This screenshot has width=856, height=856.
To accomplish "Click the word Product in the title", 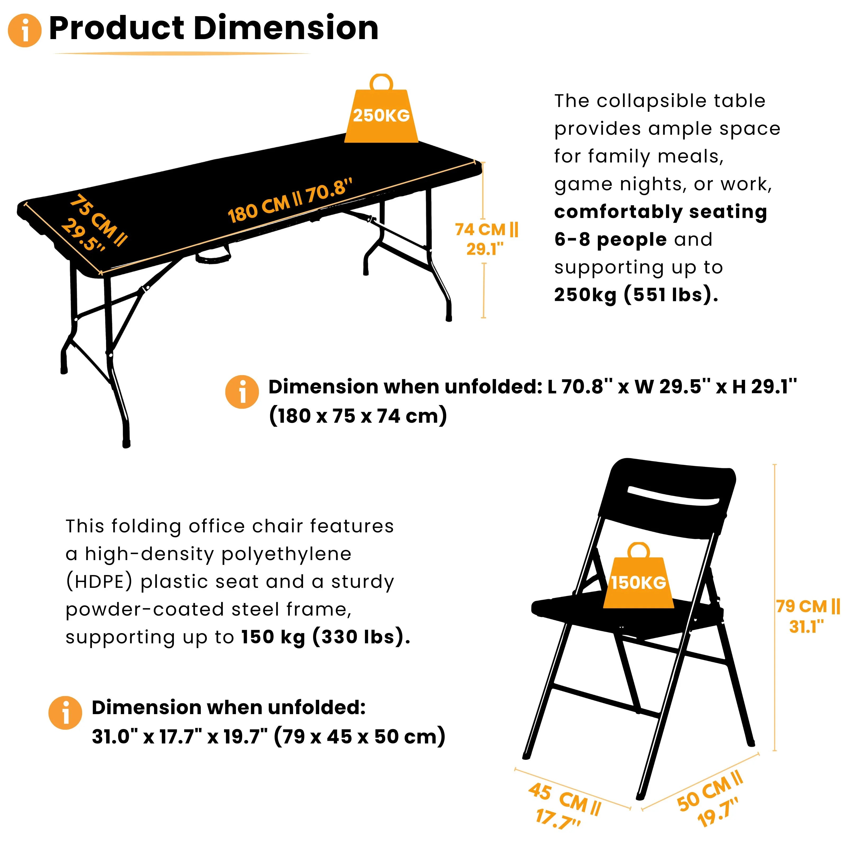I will click(116, 28).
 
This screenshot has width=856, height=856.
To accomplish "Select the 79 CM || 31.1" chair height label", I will click(807, 616).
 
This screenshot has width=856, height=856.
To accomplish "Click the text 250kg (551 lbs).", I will click(636, 295).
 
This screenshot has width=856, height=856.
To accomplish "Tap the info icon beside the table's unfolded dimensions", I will click(242, 392).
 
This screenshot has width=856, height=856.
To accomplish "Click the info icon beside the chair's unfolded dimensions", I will click(65, 713).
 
